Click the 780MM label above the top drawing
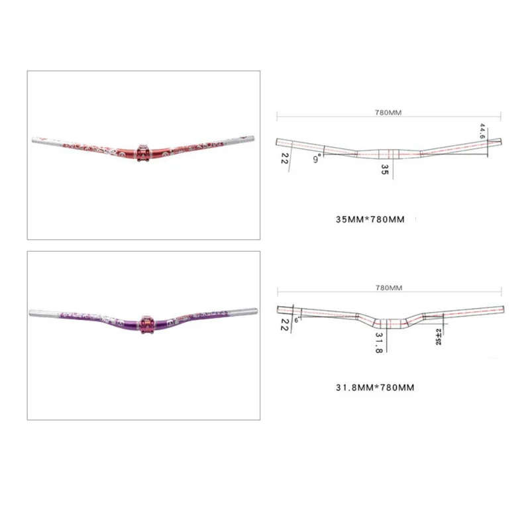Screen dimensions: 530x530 point(388,113)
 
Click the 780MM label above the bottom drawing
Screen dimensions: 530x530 point(389,288)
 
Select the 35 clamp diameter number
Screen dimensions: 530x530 point(384,170)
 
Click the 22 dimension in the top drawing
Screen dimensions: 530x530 point(284,158)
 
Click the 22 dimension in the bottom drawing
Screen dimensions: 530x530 point(284,323)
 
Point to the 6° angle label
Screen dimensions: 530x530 point(297,319)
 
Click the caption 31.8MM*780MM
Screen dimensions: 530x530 point(375,388)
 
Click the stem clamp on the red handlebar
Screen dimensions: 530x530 point(143,150)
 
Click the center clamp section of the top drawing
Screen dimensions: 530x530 point(389,154)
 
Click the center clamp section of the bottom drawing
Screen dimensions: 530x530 point(389,323)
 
